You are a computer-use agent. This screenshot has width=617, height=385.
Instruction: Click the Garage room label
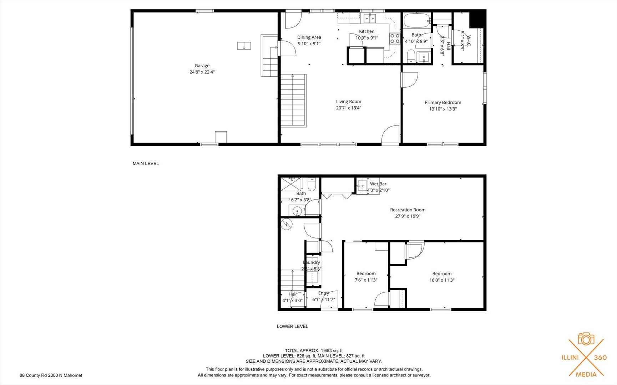[202, 66]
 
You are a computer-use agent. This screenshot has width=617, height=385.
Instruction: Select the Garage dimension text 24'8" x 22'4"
[202, 72]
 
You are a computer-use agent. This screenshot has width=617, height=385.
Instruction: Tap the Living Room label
[349, 102]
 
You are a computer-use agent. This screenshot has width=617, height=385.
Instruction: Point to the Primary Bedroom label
[443, 102]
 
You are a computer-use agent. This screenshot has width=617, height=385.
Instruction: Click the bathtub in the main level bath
[417, 20]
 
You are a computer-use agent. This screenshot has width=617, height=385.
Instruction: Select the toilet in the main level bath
[411, 56]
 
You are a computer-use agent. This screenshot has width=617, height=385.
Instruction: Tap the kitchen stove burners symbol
[394, 38]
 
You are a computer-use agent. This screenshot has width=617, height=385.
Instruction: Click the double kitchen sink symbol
[370, 18]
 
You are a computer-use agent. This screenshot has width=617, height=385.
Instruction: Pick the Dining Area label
[309, 37]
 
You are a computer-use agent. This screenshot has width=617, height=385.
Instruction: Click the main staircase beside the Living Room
[293, 101]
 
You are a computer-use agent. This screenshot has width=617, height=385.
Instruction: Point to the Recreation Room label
[408, 210]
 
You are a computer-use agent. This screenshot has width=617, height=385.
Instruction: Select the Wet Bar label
[378, 184]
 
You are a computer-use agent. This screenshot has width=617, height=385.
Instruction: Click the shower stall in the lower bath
[291, 184]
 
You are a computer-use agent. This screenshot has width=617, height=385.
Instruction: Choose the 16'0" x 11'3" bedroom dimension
[442, 280]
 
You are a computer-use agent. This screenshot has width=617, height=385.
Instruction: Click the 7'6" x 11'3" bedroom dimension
[366, 280]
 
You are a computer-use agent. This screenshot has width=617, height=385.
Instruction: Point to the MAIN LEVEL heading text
[146, 164]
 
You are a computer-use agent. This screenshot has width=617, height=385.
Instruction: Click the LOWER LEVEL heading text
[292, 326]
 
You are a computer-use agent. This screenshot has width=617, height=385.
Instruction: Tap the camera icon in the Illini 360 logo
[586, 339]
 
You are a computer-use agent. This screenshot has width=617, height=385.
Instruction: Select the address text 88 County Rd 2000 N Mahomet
[51, 375]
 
